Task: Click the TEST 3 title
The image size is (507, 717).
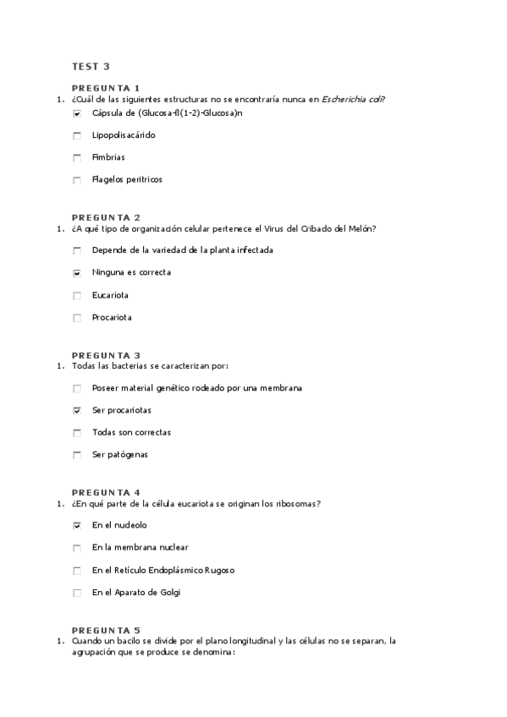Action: [x=91, y=66]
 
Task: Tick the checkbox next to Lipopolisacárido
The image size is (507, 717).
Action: [x=77, y=135]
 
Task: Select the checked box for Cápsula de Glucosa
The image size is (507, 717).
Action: [x=77, y=113]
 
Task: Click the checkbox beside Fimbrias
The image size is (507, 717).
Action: [x=77, y=157]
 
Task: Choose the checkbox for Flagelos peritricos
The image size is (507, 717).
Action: [x=77, y=180]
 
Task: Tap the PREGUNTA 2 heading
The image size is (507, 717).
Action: [x=106, y=217]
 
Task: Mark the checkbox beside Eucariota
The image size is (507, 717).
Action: [x=77, y=296]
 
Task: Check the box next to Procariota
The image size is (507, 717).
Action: [x=77, y=319]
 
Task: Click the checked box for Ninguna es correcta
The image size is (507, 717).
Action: [x=77, y=273]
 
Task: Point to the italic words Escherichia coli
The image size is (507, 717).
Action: [x=352, y=99]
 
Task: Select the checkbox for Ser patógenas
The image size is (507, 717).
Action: [x=77, y=455]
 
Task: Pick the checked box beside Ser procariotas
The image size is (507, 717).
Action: [x=77, y=411]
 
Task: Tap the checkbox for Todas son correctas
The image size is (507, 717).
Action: [x=77, y=433]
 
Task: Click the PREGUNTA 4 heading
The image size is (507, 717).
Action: [x=106, y=492]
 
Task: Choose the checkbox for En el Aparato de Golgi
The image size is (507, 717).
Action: [x=77, y=593]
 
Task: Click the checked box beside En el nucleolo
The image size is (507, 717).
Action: [x=77, y=525]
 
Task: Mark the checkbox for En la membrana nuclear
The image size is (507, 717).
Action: [x=77, y=548]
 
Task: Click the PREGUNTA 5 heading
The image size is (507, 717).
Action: [x=106, y=630]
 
